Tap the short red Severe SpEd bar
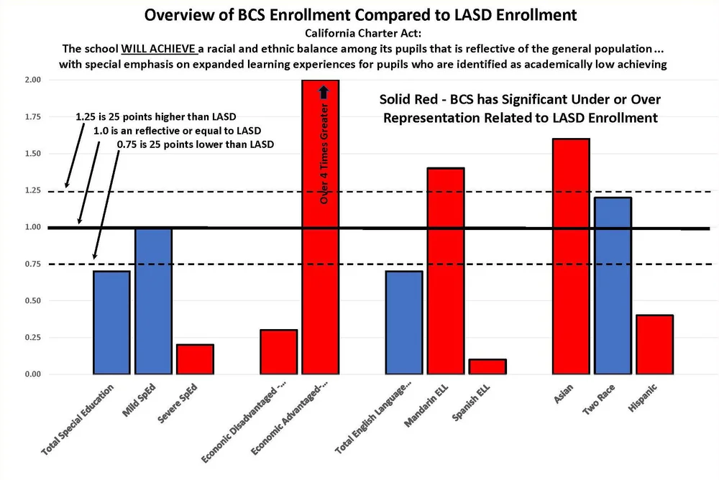click(x=195, y=359)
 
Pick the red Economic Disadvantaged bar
click(x=278, y=351)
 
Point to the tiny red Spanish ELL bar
click(x=487, y=366)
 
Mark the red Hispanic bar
click(x=654, y=344)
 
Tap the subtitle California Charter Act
click(x=359, y=34)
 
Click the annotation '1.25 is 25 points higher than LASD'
click(x=155, y=116)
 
